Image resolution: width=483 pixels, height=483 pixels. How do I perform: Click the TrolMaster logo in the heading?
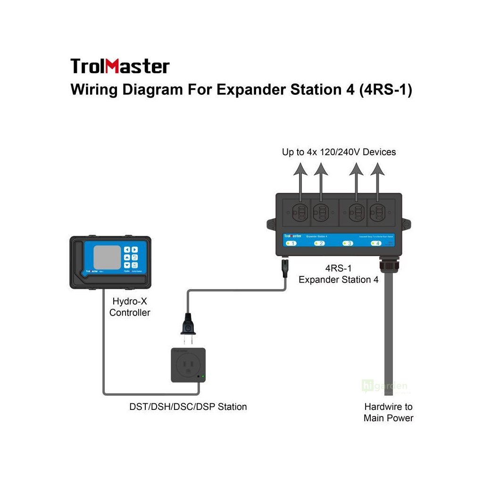coord(120,66)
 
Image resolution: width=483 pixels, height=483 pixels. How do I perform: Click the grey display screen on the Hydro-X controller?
coord(107,258)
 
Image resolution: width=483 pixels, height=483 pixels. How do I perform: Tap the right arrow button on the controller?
coord(135,250)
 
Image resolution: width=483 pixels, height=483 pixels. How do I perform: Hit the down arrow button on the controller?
coord(127,266)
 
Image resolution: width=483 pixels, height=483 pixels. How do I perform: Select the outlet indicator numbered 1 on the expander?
coord(291,243)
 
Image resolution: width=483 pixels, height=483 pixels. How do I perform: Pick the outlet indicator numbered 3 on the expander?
coord(348,243)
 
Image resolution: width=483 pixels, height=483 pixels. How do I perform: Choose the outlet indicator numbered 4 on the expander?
coord(376,243)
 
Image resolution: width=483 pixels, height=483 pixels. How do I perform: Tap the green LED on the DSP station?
coord(203,376)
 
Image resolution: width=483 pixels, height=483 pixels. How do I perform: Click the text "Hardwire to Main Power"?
coord(388,412)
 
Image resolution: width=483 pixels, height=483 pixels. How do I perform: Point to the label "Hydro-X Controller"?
coord(130,307)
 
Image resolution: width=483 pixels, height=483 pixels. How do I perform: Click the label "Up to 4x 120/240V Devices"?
coord(339,152)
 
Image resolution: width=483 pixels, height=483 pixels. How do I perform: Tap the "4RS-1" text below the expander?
coord(338,268)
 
